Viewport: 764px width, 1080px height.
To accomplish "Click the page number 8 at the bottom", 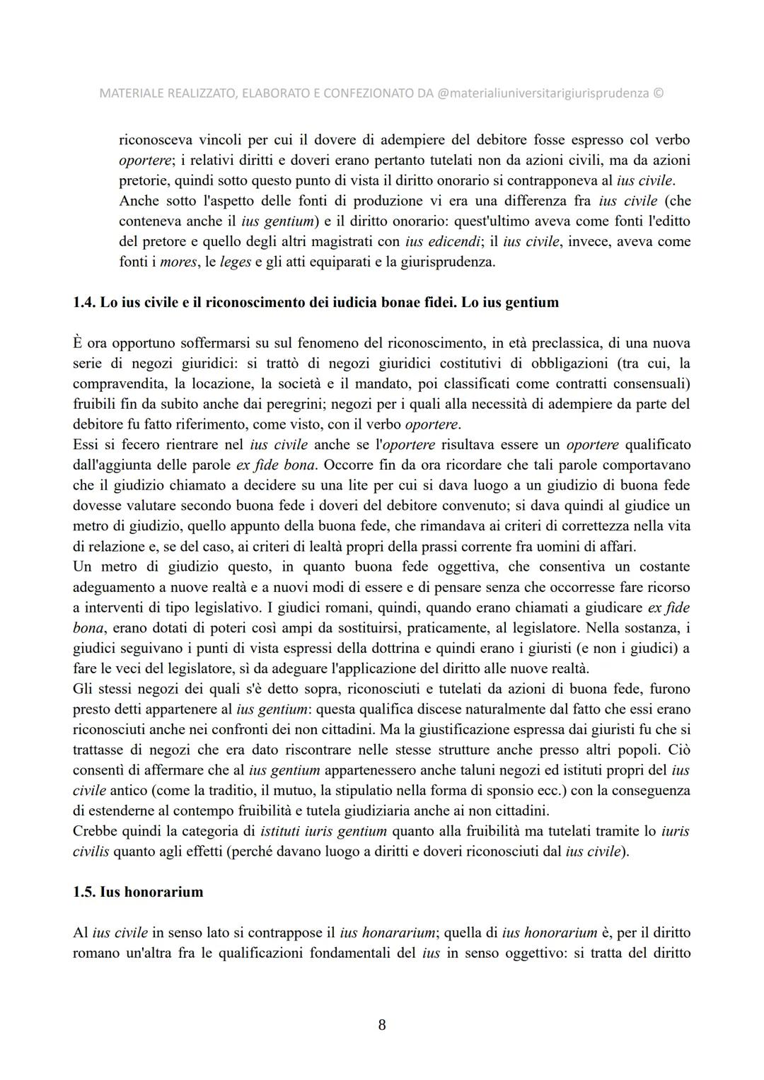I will click(x=382, y=1025).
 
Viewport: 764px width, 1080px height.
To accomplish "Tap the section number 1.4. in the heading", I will click(x=84, y=303).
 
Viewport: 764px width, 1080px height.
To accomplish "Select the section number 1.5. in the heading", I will click(x=84, y=892).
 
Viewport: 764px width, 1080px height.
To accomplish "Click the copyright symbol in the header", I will click(x=659, y=93).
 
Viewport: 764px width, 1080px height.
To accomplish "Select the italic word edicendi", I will click(x=455, y=241).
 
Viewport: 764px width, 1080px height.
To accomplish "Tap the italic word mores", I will click(x=178, y=262).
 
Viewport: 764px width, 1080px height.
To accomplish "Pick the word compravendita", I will click(x=114, y=384).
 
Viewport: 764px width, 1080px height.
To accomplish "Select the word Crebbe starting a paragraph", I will click(x=95, y=831).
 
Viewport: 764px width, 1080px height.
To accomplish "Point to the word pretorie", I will click(x=142, y=180).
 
